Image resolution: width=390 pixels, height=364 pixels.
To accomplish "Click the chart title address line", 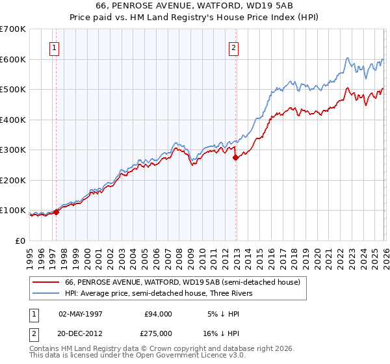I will tap(194, 6).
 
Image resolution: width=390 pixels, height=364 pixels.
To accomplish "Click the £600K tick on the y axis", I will tap(13, 59).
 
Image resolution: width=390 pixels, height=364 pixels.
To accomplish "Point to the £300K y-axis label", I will tap(13, 150).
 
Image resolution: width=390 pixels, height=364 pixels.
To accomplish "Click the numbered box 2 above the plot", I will tap(233, 47).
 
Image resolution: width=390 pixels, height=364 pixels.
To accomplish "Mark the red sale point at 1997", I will tap(57, 212).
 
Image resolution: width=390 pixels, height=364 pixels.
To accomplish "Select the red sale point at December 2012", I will tap(235, 157).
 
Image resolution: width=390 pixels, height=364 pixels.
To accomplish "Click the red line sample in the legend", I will tap(45, 283).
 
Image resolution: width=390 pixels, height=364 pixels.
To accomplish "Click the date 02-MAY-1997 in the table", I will tap(81, 314).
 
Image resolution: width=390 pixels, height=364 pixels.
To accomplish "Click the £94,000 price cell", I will tap(158, 314).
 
